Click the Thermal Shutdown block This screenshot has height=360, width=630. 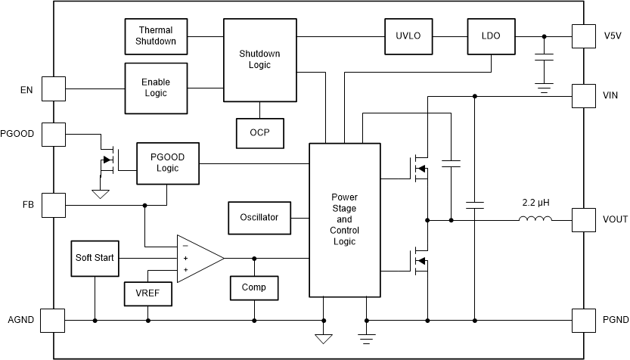pos(156,36)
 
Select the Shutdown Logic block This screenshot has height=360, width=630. pos(259,60)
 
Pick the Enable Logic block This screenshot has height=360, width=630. pos(156,88)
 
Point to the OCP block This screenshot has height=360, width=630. pos(259,132)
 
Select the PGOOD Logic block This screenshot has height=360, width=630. pos(167,163)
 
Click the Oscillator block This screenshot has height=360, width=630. pos(259,218)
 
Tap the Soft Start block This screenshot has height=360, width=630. pos(95,259)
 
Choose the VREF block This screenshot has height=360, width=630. pos(147,293)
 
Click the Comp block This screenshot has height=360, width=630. pos(254,287)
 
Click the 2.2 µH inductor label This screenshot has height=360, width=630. pos(535,203)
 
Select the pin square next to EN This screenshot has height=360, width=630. pos(53,88)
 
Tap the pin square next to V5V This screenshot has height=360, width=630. pos(584,36)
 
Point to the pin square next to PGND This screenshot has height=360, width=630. pos(584,320)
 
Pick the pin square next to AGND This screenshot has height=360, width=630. pos(53,320)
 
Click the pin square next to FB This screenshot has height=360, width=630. pos(53,205)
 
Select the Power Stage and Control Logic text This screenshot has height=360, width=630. pos(344,219)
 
